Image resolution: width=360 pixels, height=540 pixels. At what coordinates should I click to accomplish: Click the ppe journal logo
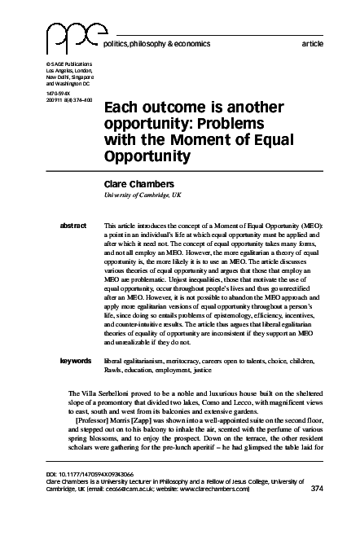pos(67,37)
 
